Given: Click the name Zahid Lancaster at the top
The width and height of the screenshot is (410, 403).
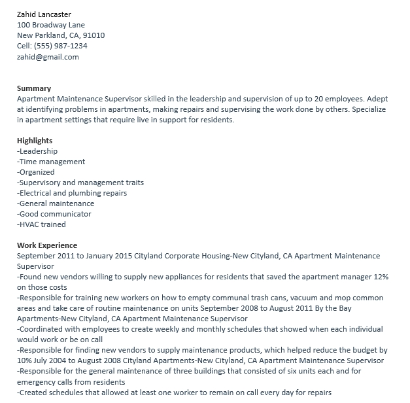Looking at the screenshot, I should [44, 14].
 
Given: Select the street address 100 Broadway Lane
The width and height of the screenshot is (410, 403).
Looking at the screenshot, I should [51, 25].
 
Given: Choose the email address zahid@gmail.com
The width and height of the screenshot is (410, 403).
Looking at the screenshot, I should [48, 57].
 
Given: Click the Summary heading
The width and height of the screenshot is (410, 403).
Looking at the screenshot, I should [34, 88].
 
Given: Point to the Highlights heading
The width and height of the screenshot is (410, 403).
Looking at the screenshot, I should [35, 141].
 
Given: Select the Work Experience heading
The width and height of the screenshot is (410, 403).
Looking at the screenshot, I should [47, 245].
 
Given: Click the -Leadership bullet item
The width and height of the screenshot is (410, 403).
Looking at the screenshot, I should [39, 151].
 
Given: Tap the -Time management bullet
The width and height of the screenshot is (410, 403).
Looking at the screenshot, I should [51, 162].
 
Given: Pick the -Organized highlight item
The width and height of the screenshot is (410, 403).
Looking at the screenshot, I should [36, 172].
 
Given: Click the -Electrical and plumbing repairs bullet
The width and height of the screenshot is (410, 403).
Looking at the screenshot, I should [72, 193].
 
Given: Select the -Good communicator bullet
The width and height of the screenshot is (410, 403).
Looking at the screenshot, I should [54, 214].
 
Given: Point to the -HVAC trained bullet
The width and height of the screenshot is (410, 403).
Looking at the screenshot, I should [41, 224].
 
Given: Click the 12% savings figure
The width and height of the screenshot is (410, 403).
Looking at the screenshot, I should [381, 277].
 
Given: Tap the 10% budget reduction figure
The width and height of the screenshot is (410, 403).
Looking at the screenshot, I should [25, 360].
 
